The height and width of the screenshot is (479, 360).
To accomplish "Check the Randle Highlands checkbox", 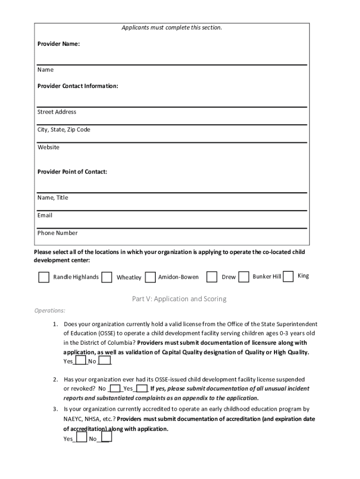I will (x=43, y=277).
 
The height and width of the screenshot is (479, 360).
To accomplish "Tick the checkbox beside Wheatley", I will (x=107, y=277).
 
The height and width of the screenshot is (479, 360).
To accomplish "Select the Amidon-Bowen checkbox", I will (x=150, y=277).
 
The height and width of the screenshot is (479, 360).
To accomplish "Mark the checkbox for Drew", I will (x=212, y=277).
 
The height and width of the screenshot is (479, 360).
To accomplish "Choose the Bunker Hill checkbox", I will (x=244, y=277).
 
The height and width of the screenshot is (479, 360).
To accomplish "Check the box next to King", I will (x=288, y=276).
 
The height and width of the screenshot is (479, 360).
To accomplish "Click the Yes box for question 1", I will (x=80, y=361).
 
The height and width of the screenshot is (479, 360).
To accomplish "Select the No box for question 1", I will (x=105, y=361).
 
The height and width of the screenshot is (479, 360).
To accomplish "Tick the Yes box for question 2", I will (x=142, y=388).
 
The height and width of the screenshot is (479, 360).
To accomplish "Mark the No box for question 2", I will (x=115, y=388).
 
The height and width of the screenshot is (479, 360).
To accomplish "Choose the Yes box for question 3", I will (x=81, y=438).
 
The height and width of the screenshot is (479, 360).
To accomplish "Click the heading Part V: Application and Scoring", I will (x=179, y=299).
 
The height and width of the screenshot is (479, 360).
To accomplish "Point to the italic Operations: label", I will (x=50, y=311).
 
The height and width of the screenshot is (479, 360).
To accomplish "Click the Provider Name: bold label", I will (x=58, y=44).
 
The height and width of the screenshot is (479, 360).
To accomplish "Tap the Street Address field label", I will (x=57, y=112).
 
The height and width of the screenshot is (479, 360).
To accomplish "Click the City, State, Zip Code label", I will (x=64, y=130).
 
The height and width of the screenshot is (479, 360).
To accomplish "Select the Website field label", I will (x=48, y=147).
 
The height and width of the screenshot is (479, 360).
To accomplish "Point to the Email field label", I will (x=45, y=215).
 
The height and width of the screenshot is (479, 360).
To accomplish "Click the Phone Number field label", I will (x=58, y=233).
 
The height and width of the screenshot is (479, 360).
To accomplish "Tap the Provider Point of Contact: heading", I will (x=72, y=172).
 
